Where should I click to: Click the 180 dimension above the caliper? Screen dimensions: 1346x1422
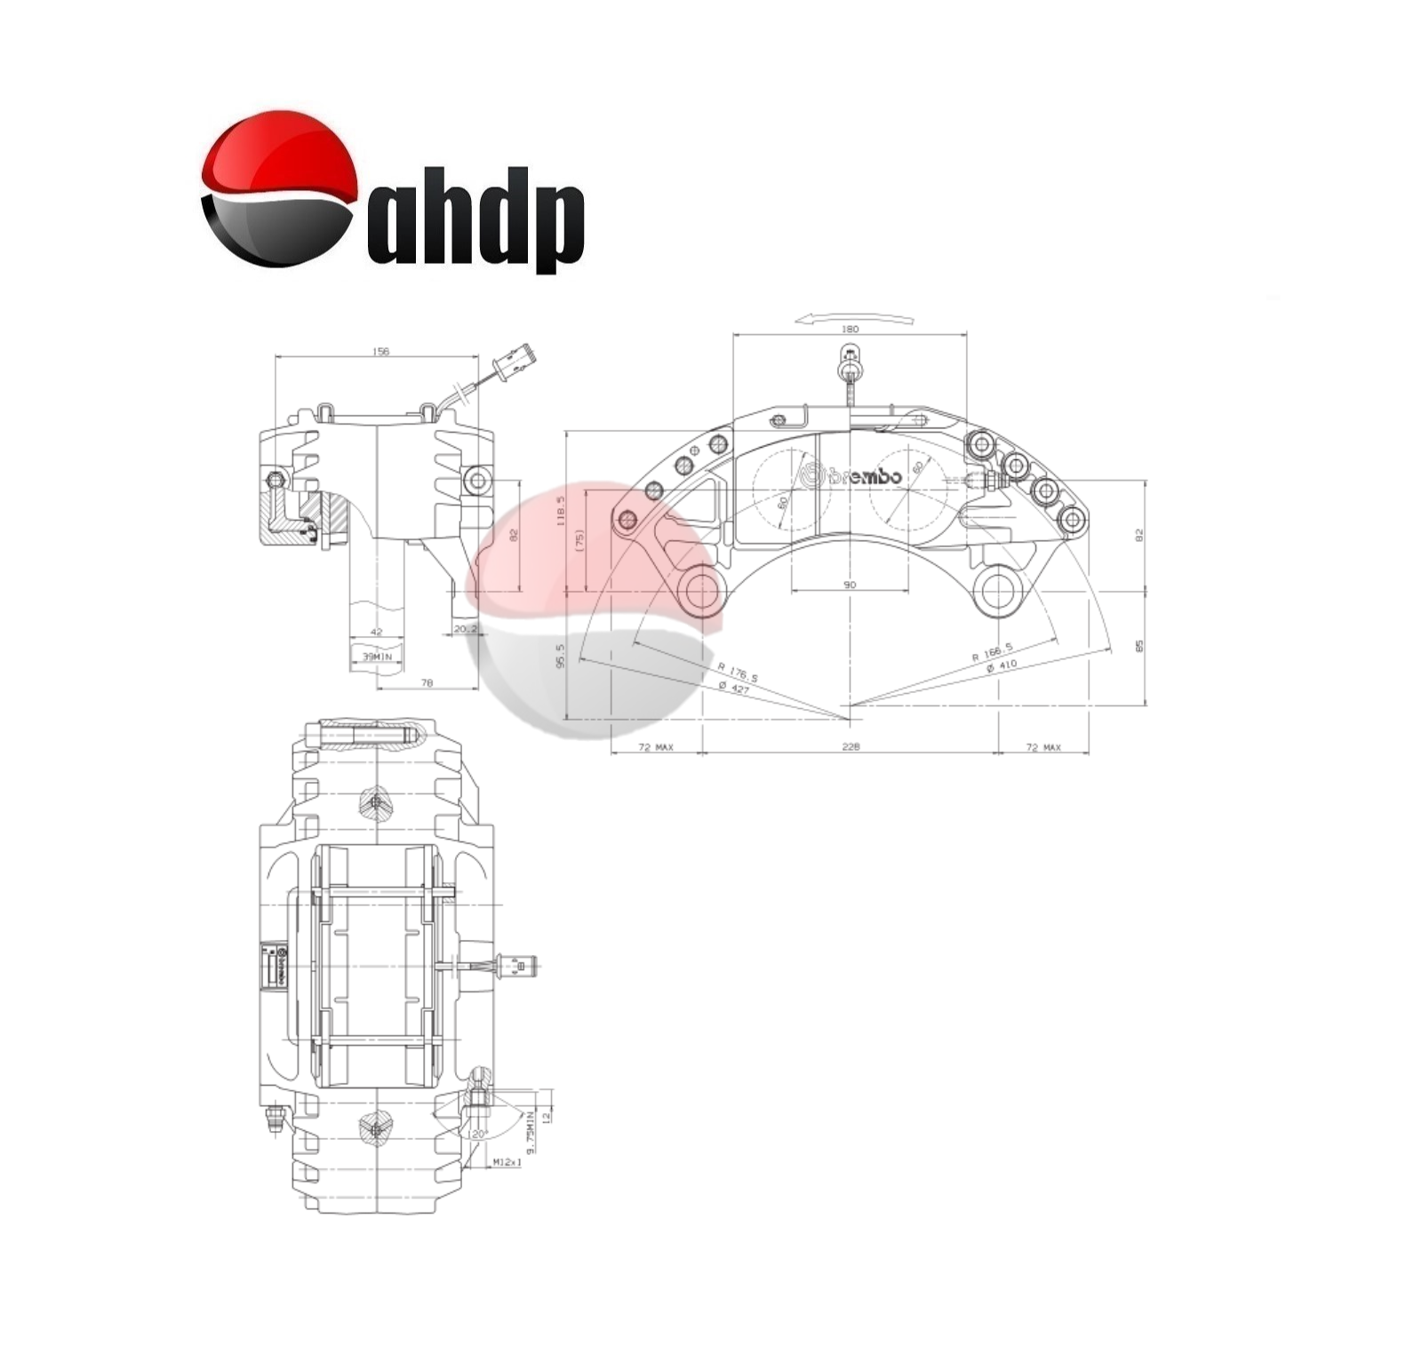pos(850,329)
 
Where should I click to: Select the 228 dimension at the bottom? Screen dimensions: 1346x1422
pos(850,747)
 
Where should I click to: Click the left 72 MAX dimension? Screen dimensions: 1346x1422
pos(656,747)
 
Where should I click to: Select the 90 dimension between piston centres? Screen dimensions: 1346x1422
pos(850,585)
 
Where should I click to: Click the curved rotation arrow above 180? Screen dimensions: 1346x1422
pos(854,316)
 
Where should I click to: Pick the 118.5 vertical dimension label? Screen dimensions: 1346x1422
pos(561,513)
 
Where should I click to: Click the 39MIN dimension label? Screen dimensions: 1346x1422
pos(377,656)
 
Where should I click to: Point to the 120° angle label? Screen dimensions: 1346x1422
pos(478,1135)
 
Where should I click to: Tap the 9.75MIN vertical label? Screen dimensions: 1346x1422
pos(531,1132)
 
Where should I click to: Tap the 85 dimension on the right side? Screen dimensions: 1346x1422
pos(1139,646)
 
